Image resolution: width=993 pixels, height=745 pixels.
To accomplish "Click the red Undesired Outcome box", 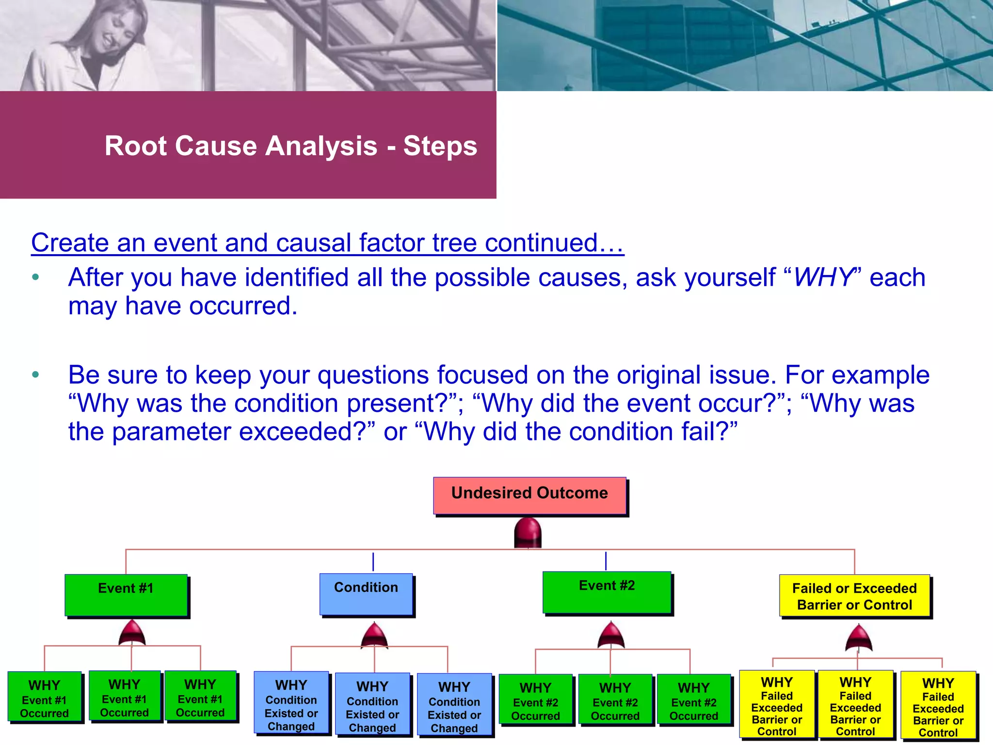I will coord(529,495).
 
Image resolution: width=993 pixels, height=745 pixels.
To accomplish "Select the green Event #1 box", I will coord(126,595).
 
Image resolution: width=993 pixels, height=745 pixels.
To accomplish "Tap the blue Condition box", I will coord(366,594).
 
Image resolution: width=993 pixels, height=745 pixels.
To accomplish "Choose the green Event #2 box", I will coord(607,592).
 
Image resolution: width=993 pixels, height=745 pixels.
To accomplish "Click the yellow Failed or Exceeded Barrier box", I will coord(854,596).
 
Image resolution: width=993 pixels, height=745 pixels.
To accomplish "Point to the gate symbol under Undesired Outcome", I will coord(528,533).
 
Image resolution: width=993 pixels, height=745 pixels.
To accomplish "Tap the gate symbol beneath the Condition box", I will coord(374,636).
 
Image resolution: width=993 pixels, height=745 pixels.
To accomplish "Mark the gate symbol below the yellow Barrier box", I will coord(858,638).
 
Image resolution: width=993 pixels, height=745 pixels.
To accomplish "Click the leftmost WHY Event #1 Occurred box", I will coord(45,696).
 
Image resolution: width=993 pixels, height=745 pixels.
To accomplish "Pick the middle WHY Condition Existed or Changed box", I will coord(372,704).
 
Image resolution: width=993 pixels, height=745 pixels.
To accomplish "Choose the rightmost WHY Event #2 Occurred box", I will coord(693,700).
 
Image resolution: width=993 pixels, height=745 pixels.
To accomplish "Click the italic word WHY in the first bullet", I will coord(823,278).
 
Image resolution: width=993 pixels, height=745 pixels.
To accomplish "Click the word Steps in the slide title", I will coord(440,146).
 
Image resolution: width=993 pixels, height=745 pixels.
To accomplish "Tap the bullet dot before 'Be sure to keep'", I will coord(35,375).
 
